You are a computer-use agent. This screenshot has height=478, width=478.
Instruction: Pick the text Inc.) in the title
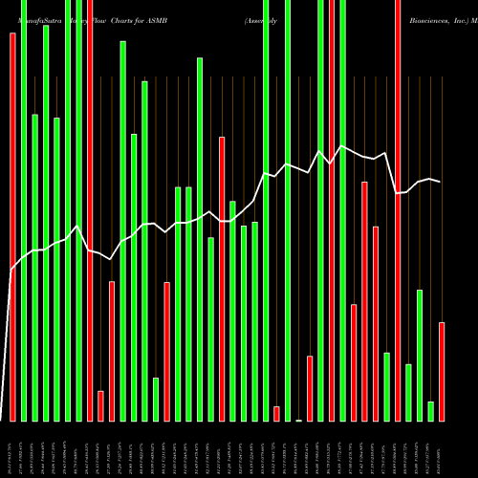point(455,18)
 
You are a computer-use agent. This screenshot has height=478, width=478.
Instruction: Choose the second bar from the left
point(24,210)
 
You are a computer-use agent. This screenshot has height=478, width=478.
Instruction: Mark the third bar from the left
point(34,268)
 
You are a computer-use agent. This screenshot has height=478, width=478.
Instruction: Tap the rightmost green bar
point(430,411)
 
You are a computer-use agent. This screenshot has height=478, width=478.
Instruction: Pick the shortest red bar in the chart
point(276,413)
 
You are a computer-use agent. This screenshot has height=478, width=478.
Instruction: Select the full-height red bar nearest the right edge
point(398,210)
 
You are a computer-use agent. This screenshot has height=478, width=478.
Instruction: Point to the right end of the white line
point(441,181)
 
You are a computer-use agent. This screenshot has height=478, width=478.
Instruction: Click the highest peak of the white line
point(342,145)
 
